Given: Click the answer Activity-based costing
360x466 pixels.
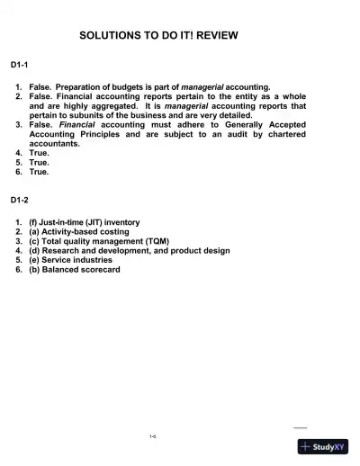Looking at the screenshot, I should point(93,231).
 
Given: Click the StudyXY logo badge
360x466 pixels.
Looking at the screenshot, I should point(322,446).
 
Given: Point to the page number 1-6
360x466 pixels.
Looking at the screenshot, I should point(154,436).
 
